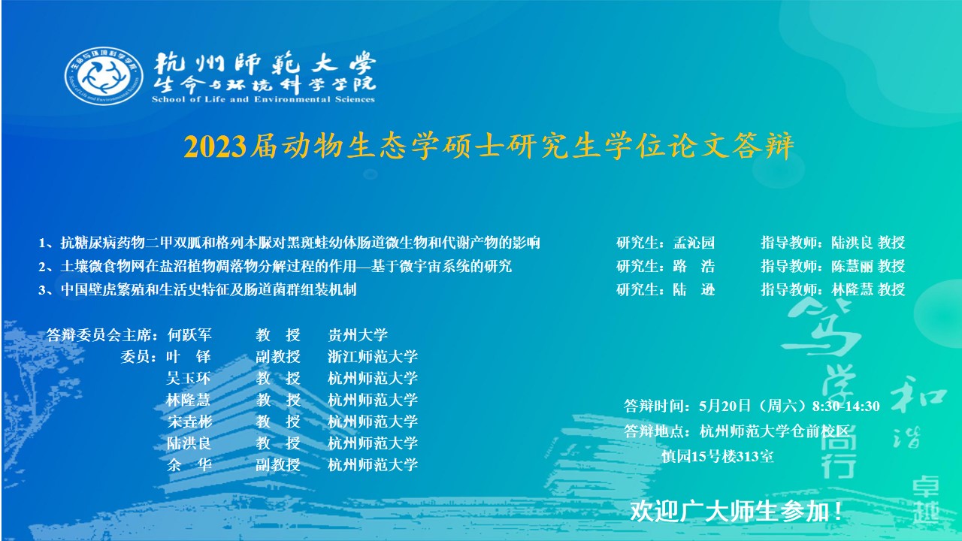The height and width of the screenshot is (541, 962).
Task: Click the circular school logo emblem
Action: click(104, 76)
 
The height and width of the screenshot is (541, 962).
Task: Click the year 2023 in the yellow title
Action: click(215, 147)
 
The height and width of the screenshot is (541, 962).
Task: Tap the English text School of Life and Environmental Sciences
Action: click(263, 99)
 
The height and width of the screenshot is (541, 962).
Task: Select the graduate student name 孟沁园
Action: click(694, 243)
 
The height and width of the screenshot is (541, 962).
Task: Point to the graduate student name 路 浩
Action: click(694, 266)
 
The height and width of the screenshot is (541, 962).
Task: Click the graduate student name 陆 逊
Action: click(694, 290)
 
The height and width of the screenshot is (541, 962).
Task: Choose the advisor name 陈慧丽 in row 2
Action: click(852, 266)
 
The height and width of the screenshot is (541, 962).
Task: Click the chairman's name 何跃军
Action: click(189, 335)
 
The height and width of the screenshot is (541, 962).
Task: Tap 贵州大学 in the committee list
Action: click(358, 335)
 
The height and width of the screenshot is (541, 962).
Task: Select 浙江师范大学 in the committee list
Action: click(373, 356)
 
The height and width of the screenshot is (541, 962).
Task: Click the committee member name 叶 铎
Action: click(189, 356)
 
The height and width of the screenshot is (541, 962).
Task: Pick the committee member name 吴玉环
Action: click(189, 378)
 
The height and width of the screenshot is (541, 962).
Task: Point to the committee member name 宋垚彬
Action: click(189, 422)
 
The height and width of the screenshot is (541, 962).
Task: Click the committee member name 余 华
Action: click(189, 464)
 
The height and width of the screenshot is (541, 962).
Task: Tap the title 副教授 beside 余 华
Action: click(278, 464)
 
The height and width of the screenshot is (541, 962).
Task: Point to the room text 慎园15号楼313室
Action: click(718, 456)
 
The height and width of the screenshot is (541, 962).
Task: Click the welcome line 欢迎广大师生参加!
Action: click(737, 512)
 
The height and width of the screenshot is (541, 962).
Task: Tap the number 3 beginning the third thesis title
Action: click(42, 290)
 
